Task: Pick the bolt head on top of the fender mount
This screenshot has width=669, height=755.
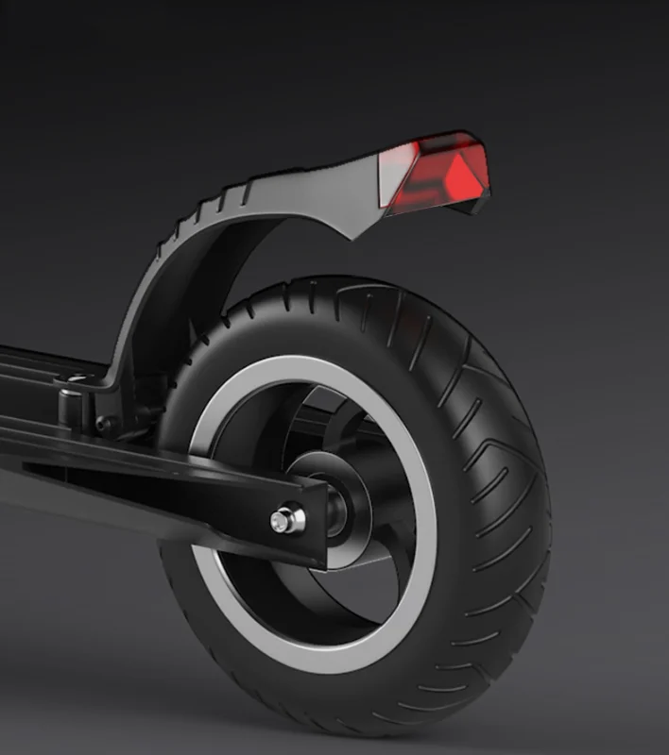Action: pyautogui.click(x=73, y=379)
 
